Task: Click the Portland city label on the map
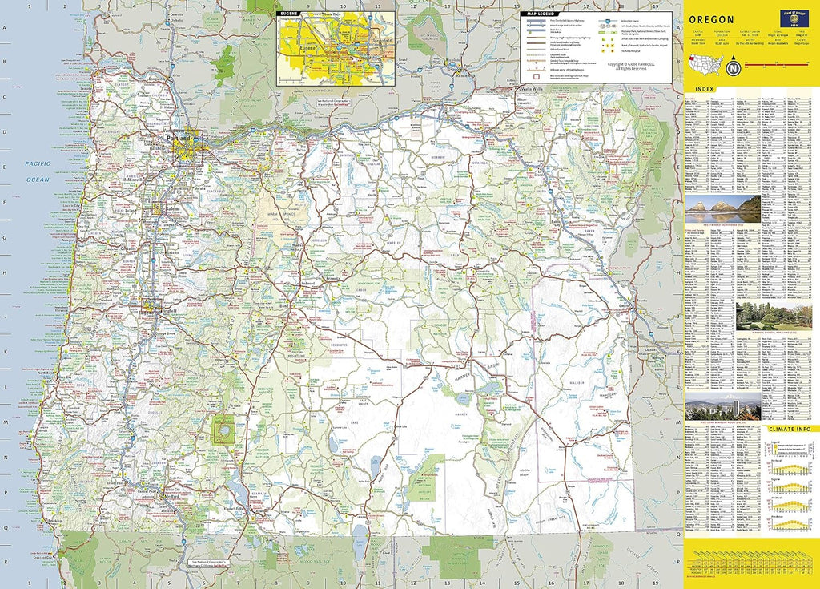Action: pos(180,139)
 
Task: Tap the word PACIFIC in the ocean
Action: pos(37,163)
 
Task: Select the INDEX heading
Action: pos(705,89)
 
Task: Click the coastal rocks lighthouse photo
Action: pos(722,209)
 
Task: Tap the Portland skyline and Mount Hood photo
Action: pos(722,410)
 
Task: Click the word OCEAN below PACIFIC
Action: pos(37,180)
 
